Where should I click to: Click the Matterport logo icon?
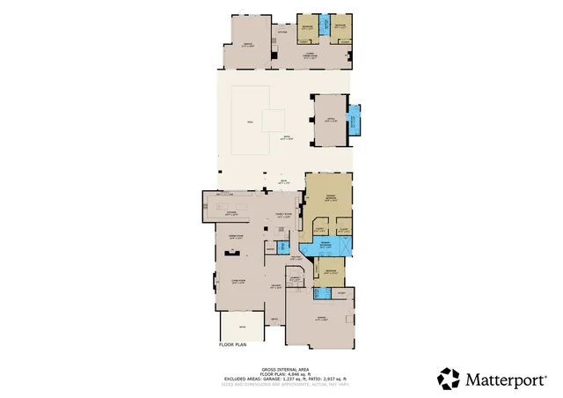click(449, 379)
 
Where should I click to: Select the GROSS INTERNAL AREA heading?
click(281, 369)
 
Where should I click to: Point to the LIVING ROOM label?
click(237, 281)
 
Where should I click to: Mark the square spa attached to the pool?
click(273, 120)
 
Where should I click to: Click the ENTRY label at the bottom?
click(274, 319)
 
